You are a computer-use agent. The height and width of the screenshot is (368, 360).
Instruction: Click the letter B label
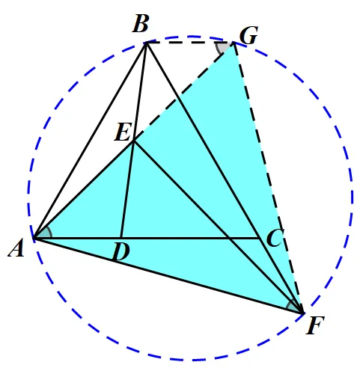coord(141,24)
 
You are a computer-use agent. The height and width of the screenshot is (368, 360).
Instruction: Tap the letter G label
coord(248,35)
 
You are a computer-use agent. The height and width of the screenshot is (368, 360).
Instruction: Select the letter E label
coord(123,132)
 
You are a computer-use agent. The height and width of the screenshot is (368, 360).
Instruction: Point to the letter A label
coord(16,248)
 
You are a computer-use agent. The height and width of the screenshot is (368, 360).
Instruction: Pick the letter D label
coord(121,251)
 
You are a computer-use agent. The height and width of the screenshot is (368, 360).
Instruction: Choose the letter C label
coord(275,238)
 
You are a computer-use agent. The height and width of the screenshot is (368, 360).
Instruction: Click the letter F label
coord(315,325)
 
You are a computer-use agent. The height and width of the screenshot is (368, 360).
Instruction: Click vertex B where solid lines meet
coord(146,43)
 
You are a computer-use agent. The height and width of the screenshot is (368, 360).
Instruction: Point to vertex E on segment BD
coord(133,141)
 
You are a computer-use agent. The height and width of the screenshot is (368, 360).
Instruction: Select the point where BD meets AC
coord(120,239)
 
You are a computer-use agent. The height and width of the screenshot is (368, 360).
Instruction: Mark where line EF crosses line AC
coord(230,239)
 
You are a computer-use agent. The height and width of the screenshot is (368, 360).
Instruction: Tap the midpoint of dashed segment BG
coord(190,43)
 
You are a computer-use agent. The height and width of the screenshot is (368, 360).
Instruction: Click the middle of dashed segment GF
coord(269,178)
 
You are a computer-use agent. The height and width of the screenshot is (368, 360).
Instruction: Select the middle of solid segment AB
coord(90,141)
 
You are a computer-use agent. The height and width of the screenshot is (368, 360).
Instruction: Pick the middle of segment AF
coord(168,276)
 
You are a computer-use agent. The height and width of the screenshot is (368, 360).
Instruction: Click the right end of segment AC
coord(260,239)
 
